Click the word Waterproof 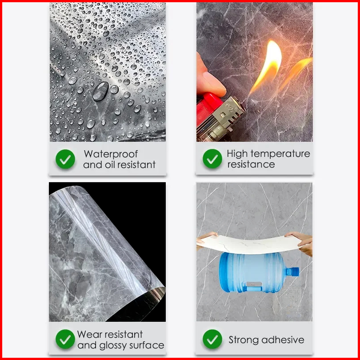[111, 154]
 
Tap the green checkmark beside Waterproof [65, 159]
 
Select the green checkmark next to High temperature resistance [212, 158]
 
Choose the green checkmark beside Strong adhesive [212, 339]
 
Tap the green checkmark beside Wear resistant [65, 339]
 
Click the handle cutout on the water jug [254, 284]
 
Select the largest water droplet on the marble [100, 91]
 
